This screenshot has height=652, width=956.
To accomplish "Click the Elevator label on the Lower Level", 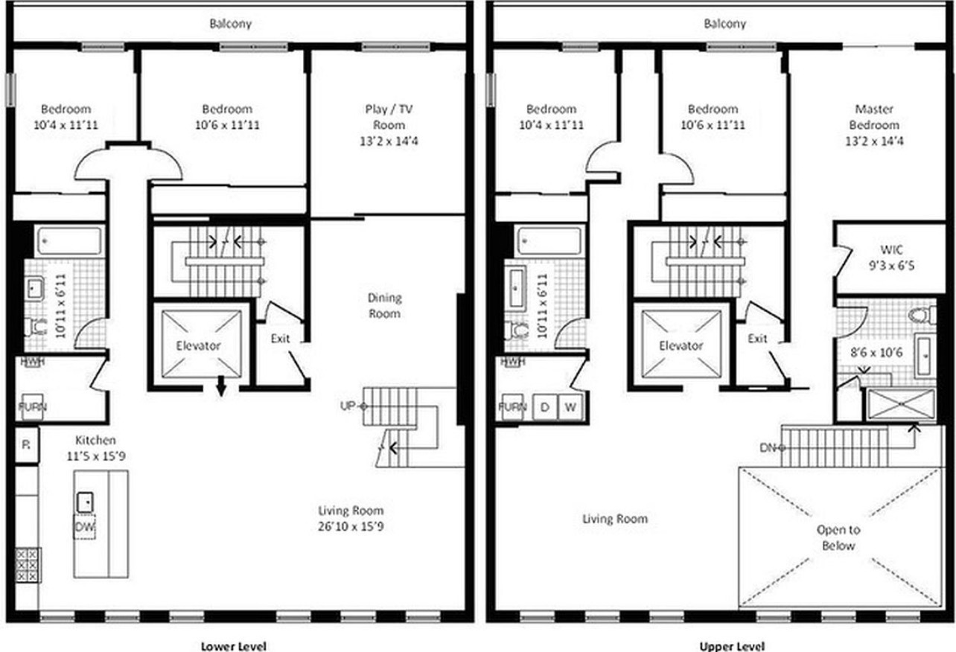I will [x=199, y=345].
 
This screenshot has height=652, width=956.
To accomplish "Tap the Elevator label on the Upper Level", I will [x=681, y=345].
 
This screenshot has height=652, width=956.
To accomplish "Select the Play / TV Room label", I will [x=389, y=124].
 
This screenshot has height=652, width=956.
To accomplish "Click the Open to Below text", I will [x=838, y=537].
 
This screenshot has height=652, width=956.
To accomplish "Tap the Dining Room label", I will [x=384, y=305].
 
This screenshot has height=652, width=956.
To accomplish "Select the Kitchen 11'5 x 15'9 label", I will [x=95, y=447].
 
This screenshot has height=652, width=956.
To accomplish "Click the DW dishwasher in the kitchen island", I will [x=84, y=528].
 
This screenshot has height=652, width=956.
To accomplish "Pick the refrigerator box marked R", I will [x=26, y=445].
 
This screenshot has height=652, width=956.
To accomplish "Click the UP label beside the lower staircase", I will [x=348, y=406].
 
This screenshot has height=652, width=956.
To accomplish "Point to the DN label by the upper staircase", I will [x=768, y=447].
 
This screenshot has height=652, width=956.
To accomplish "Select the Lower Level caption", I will [x=233, y=645].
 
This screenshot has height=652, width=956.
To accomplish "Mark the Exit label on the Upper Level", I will [x=757, y=339].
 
